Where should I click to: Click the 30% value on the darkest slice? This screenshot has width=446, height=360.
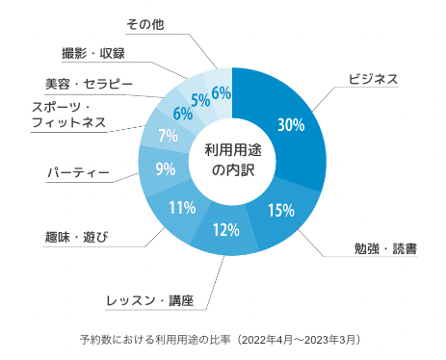[291, 124]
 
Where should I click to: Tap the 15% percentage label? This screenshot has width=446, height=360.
[281, 210]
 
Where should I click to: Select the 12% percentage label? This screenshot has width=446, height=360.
[226, 230]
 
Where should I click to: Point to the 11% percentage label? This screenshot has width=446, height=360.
[182, 208]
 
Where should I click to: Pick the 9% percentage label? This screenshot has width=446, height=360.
[166, 168]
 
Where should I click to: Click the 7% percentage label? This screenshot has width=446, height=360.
[168, 136]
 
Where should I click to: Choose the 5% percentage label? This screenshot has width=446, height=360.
[200, 100]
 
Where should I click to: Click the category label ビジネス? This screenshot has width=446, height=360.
[373, 79]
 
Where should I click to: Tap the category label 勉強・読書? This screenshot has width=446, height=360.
[385, 248]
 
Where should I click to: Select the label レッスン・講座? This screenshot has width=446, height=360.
[150, 300]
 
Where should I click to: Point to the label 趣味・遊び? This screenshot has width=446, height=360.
[76, 238]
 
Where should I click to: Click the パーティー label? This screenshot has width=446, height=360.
[79, 173]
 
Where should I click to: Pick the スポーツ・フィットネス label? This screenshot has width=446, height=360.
[68, 115]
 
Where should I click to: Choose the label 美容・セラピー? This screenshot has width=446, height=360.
[89, 84]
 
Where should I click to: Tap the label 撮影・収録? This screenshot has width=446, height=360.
[93, 53]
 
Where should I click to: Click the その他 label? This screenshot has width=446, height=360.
[145, 24]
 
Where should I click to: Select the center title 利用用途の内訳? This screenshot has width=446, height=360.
[233, 160]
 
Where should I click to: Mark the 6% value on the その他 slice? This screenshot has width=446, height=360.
[222, 93]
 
